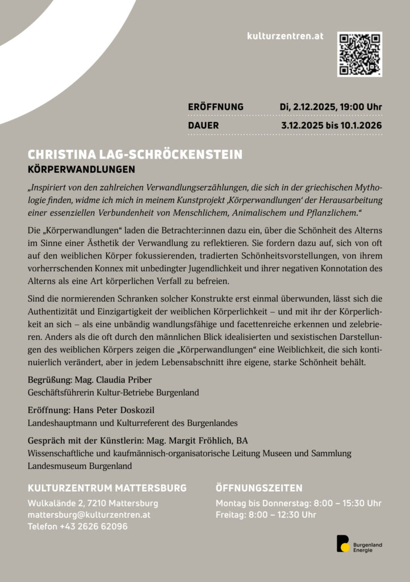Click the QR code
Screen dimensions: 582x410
(359, 54)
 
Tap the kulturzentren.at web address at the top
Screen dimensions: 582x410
(285, 36)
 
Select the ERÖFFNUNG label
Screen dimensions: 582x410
(215, 107)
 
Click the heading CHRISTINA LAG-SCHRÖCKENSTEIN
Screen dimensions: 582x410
(135, 155)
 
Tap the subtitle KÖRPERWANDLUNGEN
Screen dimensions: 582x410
(81, 169)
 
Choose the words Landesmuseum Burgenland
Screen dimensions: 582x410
(80, 466)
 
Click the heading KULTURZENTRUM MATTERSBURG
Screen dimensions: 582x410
(107, 488)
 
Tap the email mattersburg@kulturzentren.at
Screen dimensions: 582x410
(89, 515)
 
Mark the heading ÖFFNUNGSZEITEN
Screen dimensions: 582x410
(259, 488)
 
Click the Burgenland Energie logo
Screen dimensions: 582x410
(359, 544)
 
